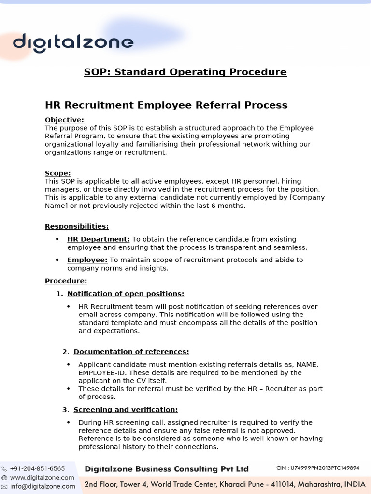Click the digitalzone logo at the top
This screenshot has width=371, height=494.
tap(73, 42)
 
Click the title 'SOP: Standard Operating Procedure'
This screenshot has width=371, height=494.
tap(185, 72)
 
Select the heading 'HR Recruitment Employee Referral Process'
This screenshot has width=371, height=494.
tap(166, 105)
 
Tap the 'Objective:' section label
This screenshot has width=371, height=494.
tap(64, 120)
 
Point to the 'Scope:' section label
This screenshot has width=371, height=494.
tap(57, 173)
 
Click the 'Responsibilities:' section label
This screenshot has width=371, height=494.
tap(76, 226)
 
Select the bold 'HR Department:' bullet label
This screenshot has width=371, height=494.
tap(99, 239)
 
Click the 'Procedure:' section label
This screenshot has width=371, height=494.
tap(66, 281)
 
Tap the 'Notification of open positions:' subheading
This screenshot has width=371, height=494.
tap(126, 294)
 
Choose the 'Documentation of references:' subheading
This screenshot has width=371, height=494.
tap(131, 352)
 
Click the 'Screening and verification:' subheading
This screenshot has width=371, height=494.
tap(126, 410)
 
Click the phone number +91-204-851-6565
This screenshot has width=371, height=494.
tap(37, 468)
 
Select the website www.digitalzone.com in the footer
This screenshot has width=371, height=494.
tap(42, 478)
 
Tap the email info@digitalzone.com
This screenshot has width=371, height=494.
tap(42, 486)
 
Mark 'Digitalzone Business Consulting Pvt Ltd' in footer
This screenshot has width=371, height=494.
tap(167, 469)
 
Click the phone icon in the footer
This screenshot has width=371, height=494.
tap(4, 468)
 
